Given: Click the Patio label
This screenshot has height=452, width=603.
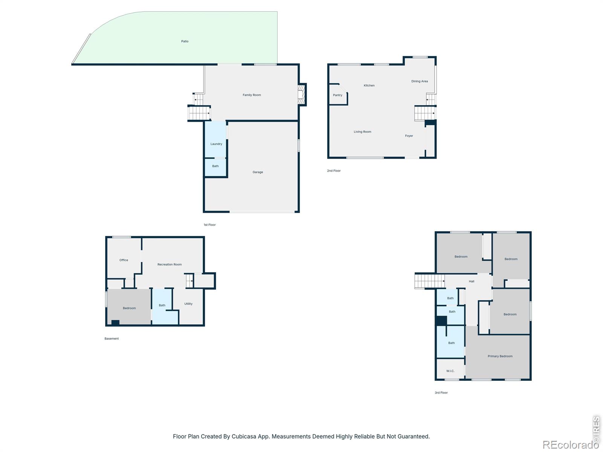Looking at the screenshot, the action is coord(185,41).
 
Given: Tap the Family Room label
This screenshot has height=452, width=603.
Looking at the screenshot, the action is coord(252,95).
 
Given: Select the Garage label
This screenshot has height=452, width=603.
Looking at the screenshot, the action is coord(258,172).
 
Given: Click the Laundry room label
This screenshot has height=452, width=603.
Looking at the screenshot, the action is coord(216,144).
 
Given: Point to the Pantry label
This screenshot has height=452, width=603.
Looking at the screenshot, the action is coord(337,95).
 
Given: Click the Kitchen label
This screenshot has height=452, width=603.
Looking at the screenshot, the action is coord(369,86).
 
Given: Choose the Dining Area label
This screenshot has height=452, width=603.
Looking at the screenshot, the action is coord(419,81).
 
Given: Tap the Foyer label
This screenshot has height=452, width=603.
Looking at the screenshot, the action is coord(409,136).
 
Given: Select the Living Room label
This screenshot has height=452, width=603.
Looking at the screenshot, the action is coord(362,132).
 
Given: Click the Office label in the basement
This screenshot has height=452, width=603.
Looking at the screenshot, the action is coord(124,260).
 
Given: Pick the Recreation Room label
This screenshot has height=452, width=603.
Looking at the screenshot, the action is coord(170,264).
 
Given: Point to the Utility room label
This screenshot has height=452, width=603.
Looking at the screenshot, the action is coord(188,304).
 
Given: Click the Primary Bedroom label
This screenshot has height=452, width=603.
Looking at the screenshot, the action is coord(500,356).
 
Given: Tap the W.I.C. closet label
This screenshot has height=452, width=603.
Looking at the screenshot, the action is coord(450,371).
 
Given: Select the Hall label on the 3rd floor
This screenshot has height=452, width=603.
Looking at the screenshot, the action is coord(471,281).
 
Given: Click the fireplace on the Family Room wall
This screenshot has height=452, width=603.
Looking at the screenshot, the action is coord(301,95).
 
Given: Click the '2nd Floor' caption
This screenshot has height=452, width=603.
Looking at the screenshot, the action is coord(334,171).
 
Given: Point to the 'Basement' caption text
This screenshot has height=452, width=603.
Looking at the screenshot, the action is coord(112,339).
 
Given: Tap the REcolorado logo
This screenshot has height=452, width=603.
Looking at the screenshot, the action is coord(570,444).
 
